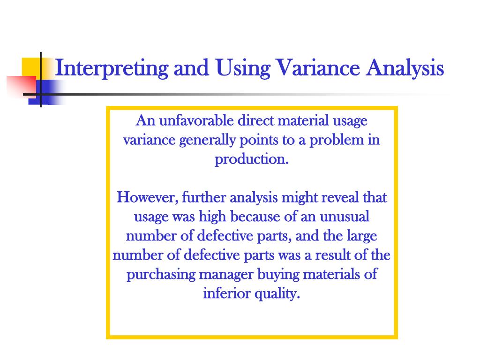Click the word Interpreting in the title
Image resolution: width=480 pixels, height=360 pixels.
click(111, 68)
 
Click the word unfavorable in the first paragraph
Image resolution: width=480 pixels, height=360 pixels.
click(196, 121)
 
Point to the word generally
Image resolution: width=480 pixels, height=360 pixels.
click(208, 140)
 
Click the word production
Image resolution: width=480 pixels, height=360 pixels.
click(251, 159)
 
